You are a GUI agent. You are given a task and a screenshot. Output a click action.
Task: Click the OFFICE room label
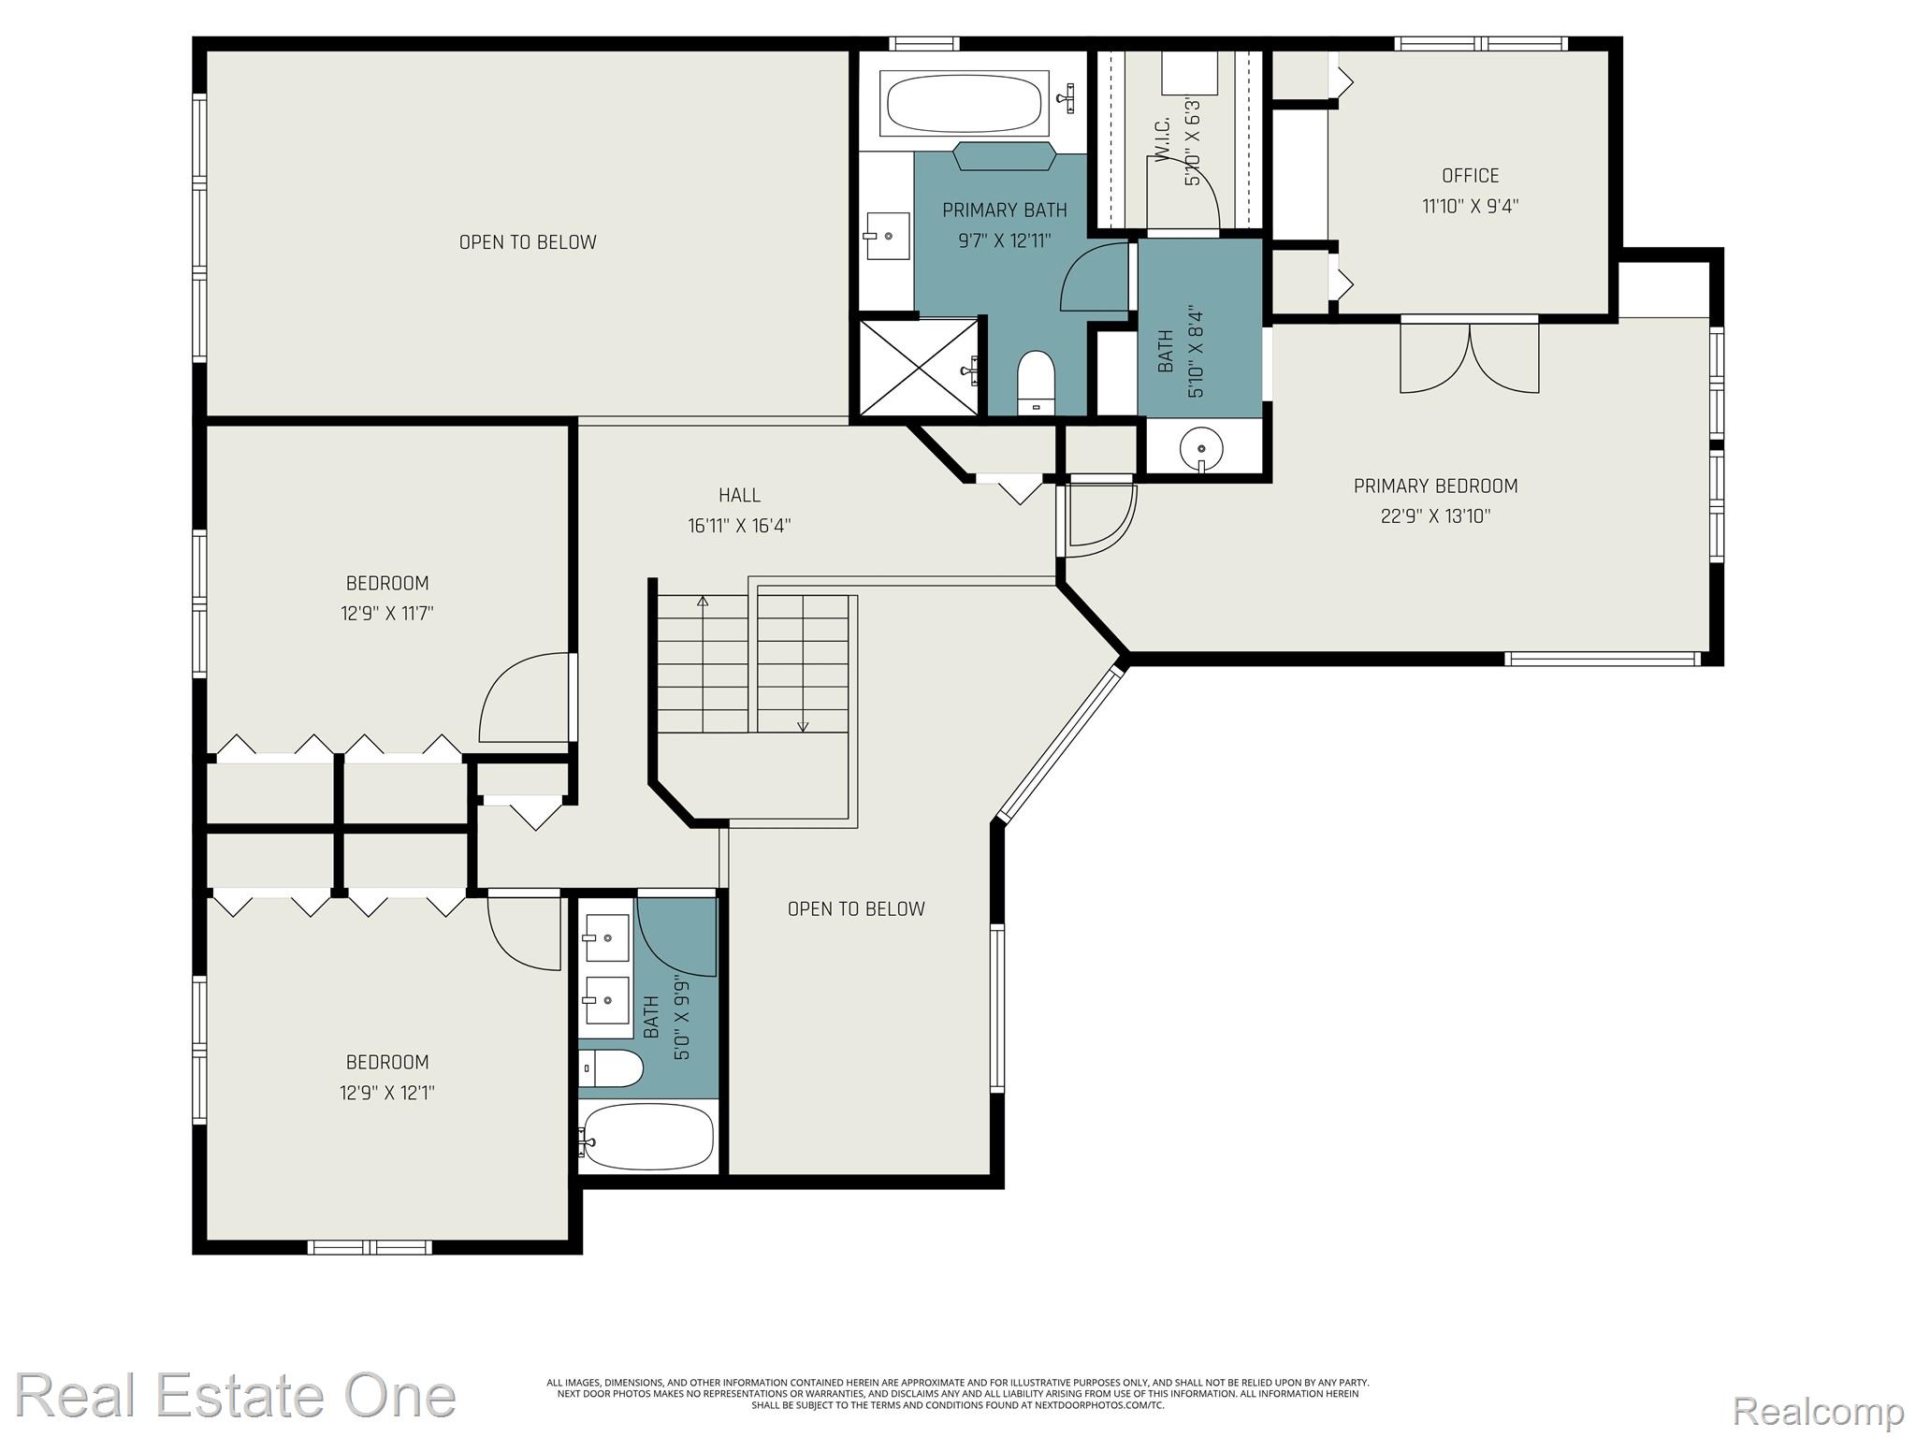pos(1470,176)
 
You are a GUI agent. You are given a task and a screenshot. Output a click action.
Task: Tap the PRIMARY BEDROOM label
pos(1435,486)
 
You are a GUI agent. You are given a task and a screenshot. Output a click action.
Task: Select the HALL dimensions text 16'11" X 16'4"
pos(739,526)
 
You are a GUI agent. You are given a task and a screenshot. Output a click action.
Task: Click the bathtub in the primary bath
pos(964,103)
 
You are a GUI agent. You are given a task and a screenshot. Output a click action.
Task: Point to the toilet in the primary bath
pos(1035,383)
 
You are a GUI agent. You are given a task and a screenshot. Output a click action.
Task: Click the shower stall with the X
pos(919,368)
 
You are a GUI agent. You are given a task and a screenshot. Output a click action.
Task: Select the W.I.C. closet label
pos(1164,141)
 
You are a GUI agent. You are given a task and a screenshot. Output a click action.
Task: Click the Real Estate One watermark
pos(236,1396)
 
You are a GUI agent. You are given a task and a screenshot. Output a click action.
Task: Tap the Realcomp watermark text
pos(1819,1410)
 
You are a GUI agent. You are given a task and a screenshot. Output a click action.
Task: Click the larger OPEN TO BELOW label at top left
pos(528,242)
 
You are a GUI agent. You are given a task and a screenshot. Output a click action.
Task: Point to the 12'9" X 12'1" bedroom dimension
pos(387,1093)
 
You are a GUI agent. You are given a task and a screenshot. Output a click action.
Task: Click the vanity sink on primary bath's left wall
pos(887,236)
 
